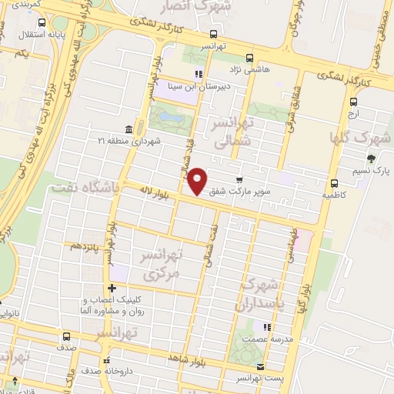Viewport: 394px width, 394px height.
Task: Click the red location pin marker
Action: [198, 180]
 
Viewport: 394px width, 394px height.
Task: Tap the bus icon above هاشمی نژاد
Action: [249, 57]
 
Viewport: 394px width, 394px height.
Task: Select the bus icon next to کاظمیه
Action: [334, 183]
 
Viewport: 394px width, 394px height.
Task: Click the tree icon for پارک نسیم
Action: [371, 159]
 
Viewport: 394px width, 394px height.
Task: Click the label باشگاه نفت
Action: [85, 187]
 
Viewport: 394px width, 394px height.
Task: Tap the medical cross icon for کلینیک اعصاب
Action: [112, 288]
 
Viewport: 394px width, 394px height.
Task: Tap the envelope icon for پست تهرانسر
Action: [261, 366]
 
